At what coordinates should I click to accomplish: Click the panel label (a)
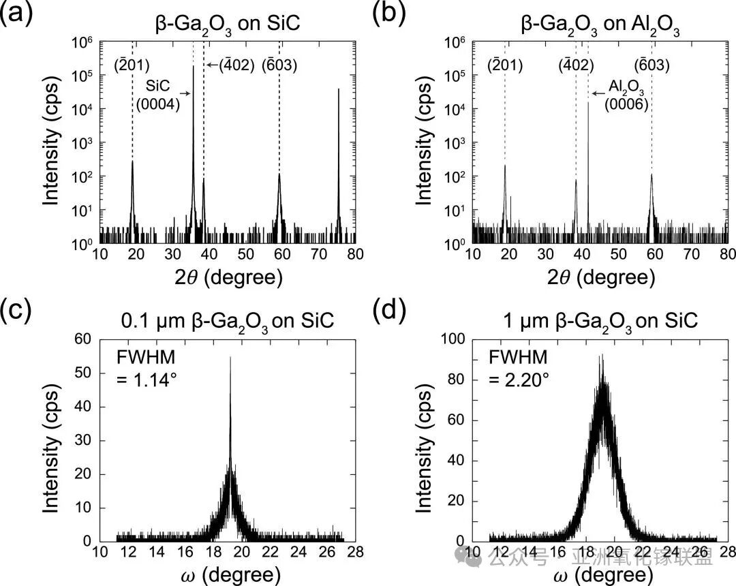click(14, 16)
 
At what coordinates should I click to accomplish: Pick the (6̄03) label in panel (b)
click(652, 65)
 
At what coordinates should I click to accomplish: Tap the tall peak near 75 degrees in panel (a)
click(339, 90)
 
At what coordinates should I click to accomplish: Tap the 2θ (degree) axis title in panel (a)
click(228, 277)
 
